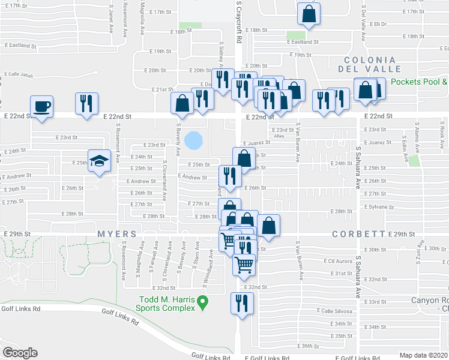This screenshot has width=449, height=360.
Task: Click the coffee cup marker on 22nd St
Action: pos(42,107)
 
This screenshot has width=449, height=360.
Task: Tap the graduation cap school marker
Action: pos(100,161)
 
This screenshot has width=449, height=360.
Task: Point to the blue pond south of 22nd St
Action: pos(193,141)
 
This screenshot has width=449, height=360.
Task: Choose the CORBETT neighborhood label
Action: pos(364,234)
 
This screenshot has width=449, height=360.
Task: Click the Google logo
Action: pos(20,352)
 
